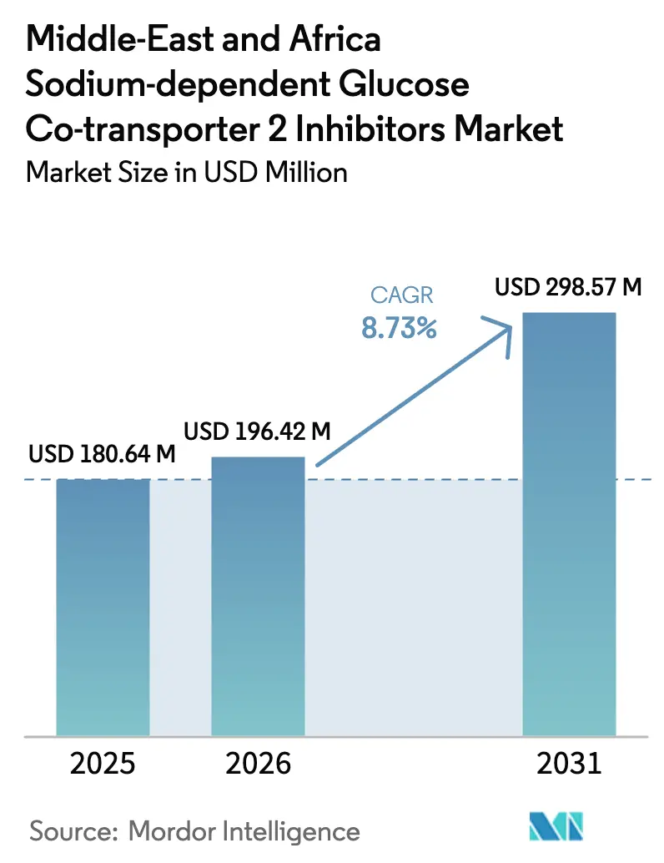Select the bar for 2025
[x=103, y=607]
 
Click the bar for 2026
[x=258, y=596]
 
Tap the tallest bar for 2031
[x=568, y=524]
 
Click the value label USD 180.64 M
[x=102, y=455]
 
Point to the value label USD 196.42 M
[x=258, y=431]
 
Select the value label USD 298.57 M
[x=568, y=288]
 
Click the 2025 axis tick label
[x=103, y=763]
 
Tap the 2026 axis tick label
[x=258, y=763]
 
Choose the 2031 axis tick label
[x=568, y=763]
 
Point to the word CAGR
[x=399, y=295]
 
